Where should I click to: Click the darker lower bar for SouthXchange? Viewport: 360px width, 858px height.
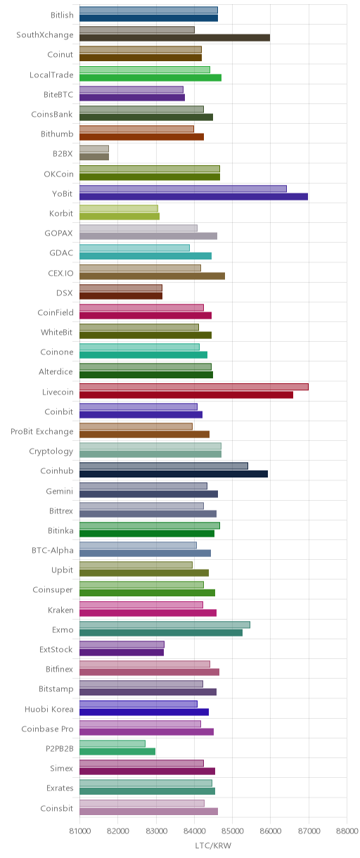pos(174,37)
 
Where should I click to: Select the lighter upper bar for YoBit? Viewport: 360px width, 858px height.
pos(183,188)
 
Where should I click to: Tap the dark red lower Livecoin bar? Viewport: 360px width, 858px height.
pos(186,395)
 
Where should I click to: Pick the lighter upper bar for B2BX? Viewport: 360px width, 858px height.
pos(94,148)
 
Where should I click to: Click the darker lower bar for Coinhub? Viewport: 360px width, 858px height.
pos(174,474)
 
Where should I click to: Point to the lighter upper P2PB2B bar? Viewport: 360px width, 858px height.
pos(112,743)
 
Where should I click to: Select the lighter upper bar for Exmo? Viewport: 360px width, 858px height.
pos(165,625)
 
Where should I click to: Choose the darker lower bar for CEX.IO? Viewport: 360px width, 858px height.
pos(152,276)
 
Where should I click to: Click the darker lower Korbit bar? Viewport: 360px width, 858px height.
pos(120,217)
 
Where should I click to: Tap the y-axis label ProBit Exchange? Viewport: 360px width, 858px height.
pos(41,431)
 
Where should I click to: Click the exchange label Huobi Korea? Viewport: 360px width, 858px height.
pos(49,709)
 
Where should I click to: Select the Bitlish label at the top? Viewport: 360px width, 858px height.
pos(62,15)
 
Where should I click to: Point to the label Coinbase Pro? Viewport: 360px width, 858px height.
pos(47,729)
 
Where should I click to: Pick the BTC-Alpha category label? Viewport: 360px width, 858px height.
pos(53,551)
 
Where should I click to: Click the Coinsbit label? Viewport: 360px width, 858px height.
pos(57,808)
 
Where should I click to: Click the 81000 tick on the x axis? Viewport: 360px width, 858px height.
pos(79,831)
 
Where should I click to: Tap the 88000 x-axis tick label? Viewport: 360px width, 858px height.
pos(347,831)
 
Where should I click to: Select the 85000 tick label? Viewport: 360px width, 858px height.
pos(233,831)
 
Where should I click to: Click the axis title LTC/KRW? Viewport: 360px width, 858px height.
pos(213,845)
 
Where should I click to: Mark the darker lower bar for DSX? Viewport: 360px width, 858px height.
pos(121,295)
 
